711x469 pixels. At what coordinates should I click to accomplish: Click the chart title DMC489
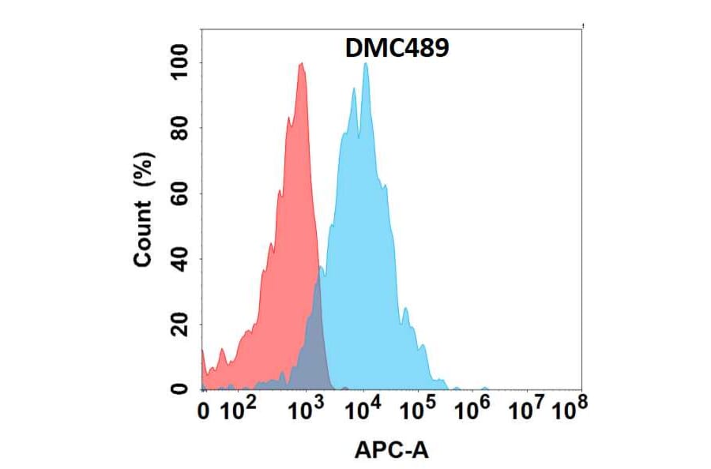pyautogui.click(x=397, y=49)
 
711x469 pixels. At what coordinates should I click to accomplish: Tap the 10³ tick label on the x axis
pyautogui.click(x=307, y=409)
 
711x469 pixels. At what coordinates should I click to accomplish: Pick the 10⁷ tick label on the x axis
pyautogui.click(x=527, y=409)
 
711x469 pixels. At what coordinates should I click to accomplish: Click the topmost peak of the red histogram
pyautogui.click(x=301, y=65)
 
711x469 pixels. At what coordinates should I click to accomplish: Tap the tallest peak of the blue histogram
pyautogui.click(x=365, y=64)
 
